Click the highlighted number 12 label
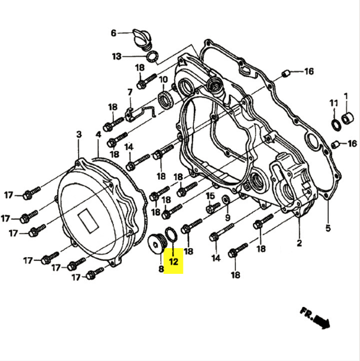[173, 262]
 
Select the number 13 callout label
[116, 56]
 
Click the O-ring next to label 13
[153, 56]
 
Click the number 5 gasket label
[328, 228]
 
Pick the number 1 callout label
[346, 95]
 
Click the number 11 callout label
[334, 103]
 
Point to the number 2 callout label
[299, 243]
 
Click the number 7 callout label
[129, 92]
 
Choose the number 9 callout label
[227, 217]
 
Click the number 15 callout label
[211, 196]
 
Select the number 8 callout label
[161, 270]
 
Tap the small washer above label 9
[225, 198]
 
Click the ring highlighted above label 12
[170, 235]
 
